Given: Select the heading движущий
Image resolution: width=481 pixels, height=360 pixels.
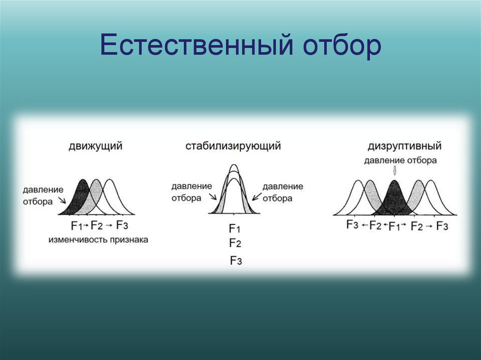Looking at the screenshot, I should (96, 146).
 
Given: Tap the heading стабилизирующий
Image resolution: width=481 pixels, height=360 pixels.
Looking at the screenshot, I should (233, 146).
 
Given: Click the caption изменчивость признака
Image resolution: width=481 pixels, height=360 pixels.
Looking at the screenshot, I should (98, 239).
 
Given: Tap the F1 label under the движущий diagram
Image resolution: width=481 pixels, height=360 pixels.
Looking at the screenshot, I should (77, 225).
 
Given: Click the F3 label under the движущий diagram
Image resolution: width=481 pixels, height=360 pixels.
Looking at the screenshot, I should (122, 225).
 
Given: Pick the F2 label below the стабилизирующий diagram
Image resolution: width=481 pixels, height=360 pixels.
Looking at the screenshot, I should (235, 243).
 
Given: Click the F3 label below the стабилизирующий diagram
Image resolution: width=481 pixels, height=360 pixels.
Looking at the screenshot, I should (236, 260).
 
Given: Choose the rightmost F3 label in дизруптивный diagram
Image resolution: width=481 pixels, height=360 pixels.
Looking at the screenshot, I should (442, 226).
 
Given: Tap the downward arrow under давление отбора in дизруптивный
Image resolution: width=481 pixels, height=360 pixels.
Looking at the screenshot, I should (395, 171).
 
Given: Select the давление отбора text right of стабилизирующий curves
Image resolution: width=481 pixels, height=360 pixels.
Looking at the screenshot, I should (283, 192).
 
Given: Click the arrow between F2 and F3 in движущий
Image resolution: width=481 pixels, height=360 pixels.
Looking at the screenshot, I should (109, 225).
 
